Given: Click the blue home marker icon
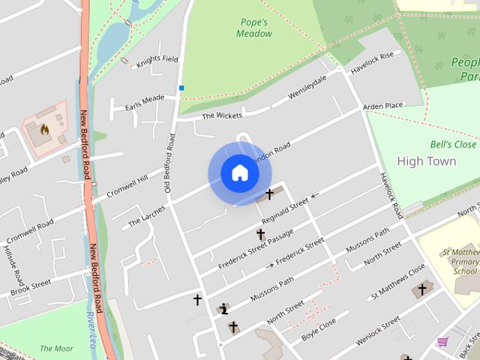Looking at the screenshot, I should click(x=239, y=173).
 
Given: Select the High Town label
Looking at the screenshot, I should click(x=426, y=161).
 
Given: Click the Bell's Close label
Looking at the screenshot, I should click(x=453, y=144).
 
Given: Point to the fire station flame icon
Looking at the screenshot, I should click(x=44, y=129).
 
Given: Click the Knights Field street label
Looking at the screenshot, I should click(x=157, y=59).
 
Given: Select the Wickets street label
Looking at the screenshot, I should click(x=221, y=115).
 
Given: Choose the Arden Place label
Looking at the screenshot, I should click(x=382, y=106).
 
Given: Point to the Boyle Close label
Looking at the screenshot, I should click(x=319, y=328).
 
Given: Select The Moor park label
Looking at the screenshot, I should click(x=56, y=348).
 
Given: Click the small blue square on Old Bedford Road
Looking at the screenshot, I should click(x=181, y=88).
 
